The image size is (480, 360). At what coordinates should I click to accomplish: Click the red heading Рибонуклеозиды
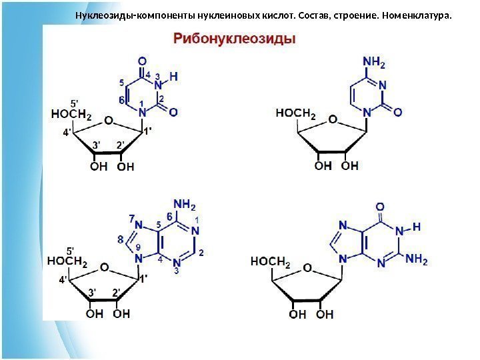pos(235,39)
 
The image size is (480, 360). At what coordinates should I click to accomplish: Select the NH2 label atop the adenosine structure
pos(185,203)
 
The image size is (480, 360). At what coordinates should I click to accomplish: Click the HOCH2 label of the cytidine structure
pos(295,113)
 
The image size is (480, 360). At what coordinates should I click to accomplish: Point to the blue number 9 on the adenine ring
pos(138,247)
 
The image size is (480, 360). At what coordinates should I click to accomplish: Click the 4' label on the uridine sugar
pos(67,133)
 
